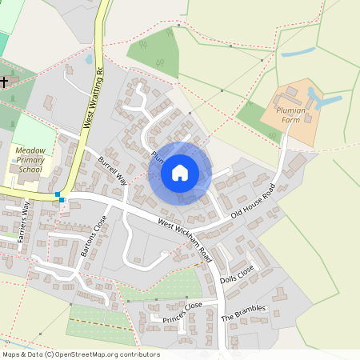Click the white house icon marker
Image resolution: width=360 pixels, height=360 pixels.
coord(180,173)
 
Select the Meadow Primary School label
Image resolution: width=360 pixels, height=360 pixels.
coord(30,159)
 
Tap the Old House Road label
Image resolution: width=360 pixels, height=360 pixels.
coord(253,201)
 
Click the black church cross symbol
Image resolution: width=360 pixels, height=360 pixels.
coord(4,82)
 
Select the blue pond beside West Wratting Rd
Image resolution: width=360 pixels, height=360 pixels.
coord(89,58)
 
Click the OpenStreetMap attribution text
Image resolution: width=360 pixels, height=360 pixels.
coord(81,354)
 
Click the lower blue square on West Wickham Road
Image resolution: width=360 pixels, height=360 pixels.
coord(62,200)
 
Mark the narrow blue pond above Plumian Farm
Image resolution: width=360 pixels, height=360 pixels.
coord(298,53)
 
